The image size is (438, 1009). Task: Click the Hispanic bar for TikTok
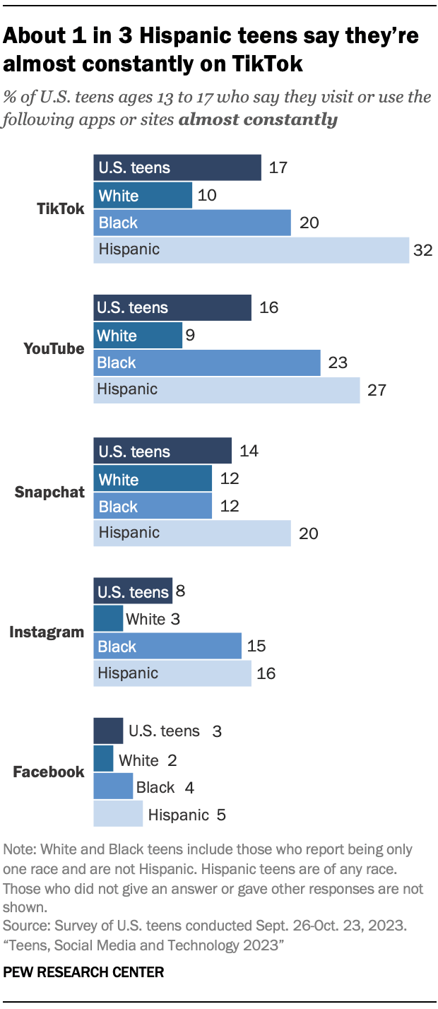click(x=251, y=250)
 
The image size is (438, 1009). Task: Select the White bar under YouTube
click(x=138, y=335)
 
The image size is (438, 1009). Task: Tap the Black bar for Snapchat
click(x=153, y=506)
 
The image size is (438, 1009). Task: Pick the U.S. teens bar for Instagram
click(x=133, y=591)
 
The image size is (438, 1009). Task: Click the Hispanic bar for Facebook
click(x=118, y=814)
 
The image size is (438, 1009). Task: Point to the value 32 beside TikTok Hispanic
click(x=422, y=250)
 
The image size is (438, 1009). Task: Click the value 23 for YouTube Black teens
click(x=338, y=362)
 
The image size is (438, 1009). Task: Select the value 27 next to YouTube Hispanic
click(x=377, y=390)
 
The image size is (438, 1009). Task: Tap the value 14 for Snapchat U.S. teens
click(x=249, y=452)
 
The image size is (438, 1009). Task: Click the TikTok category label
click(x=61, y=209)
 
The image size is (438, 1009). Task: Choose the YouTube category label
click(x=54, y=349)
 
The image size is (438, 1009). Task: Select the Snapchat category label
click(x=49, y=492)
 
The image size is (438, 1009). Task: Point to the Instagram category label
click(x=47, y=632)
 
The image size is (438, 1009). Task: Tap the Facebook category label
click(x=49, y=772)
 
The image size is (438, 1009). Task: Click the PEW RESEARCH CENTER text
click(x=83, y=972)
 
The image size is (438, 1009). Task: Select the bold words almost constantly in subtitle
click(x=258, y=119)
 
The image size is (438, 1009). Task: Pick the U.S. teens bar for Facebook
click(x=108, y=731)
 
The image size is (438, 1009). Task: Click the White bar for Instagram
click(x=108, y=619)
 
